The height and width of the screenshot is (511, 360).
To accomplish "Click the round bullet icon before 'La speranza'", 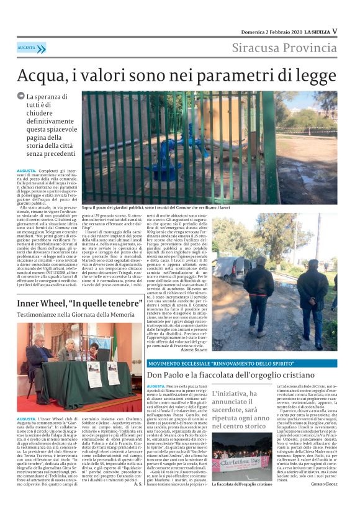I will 21,97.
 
